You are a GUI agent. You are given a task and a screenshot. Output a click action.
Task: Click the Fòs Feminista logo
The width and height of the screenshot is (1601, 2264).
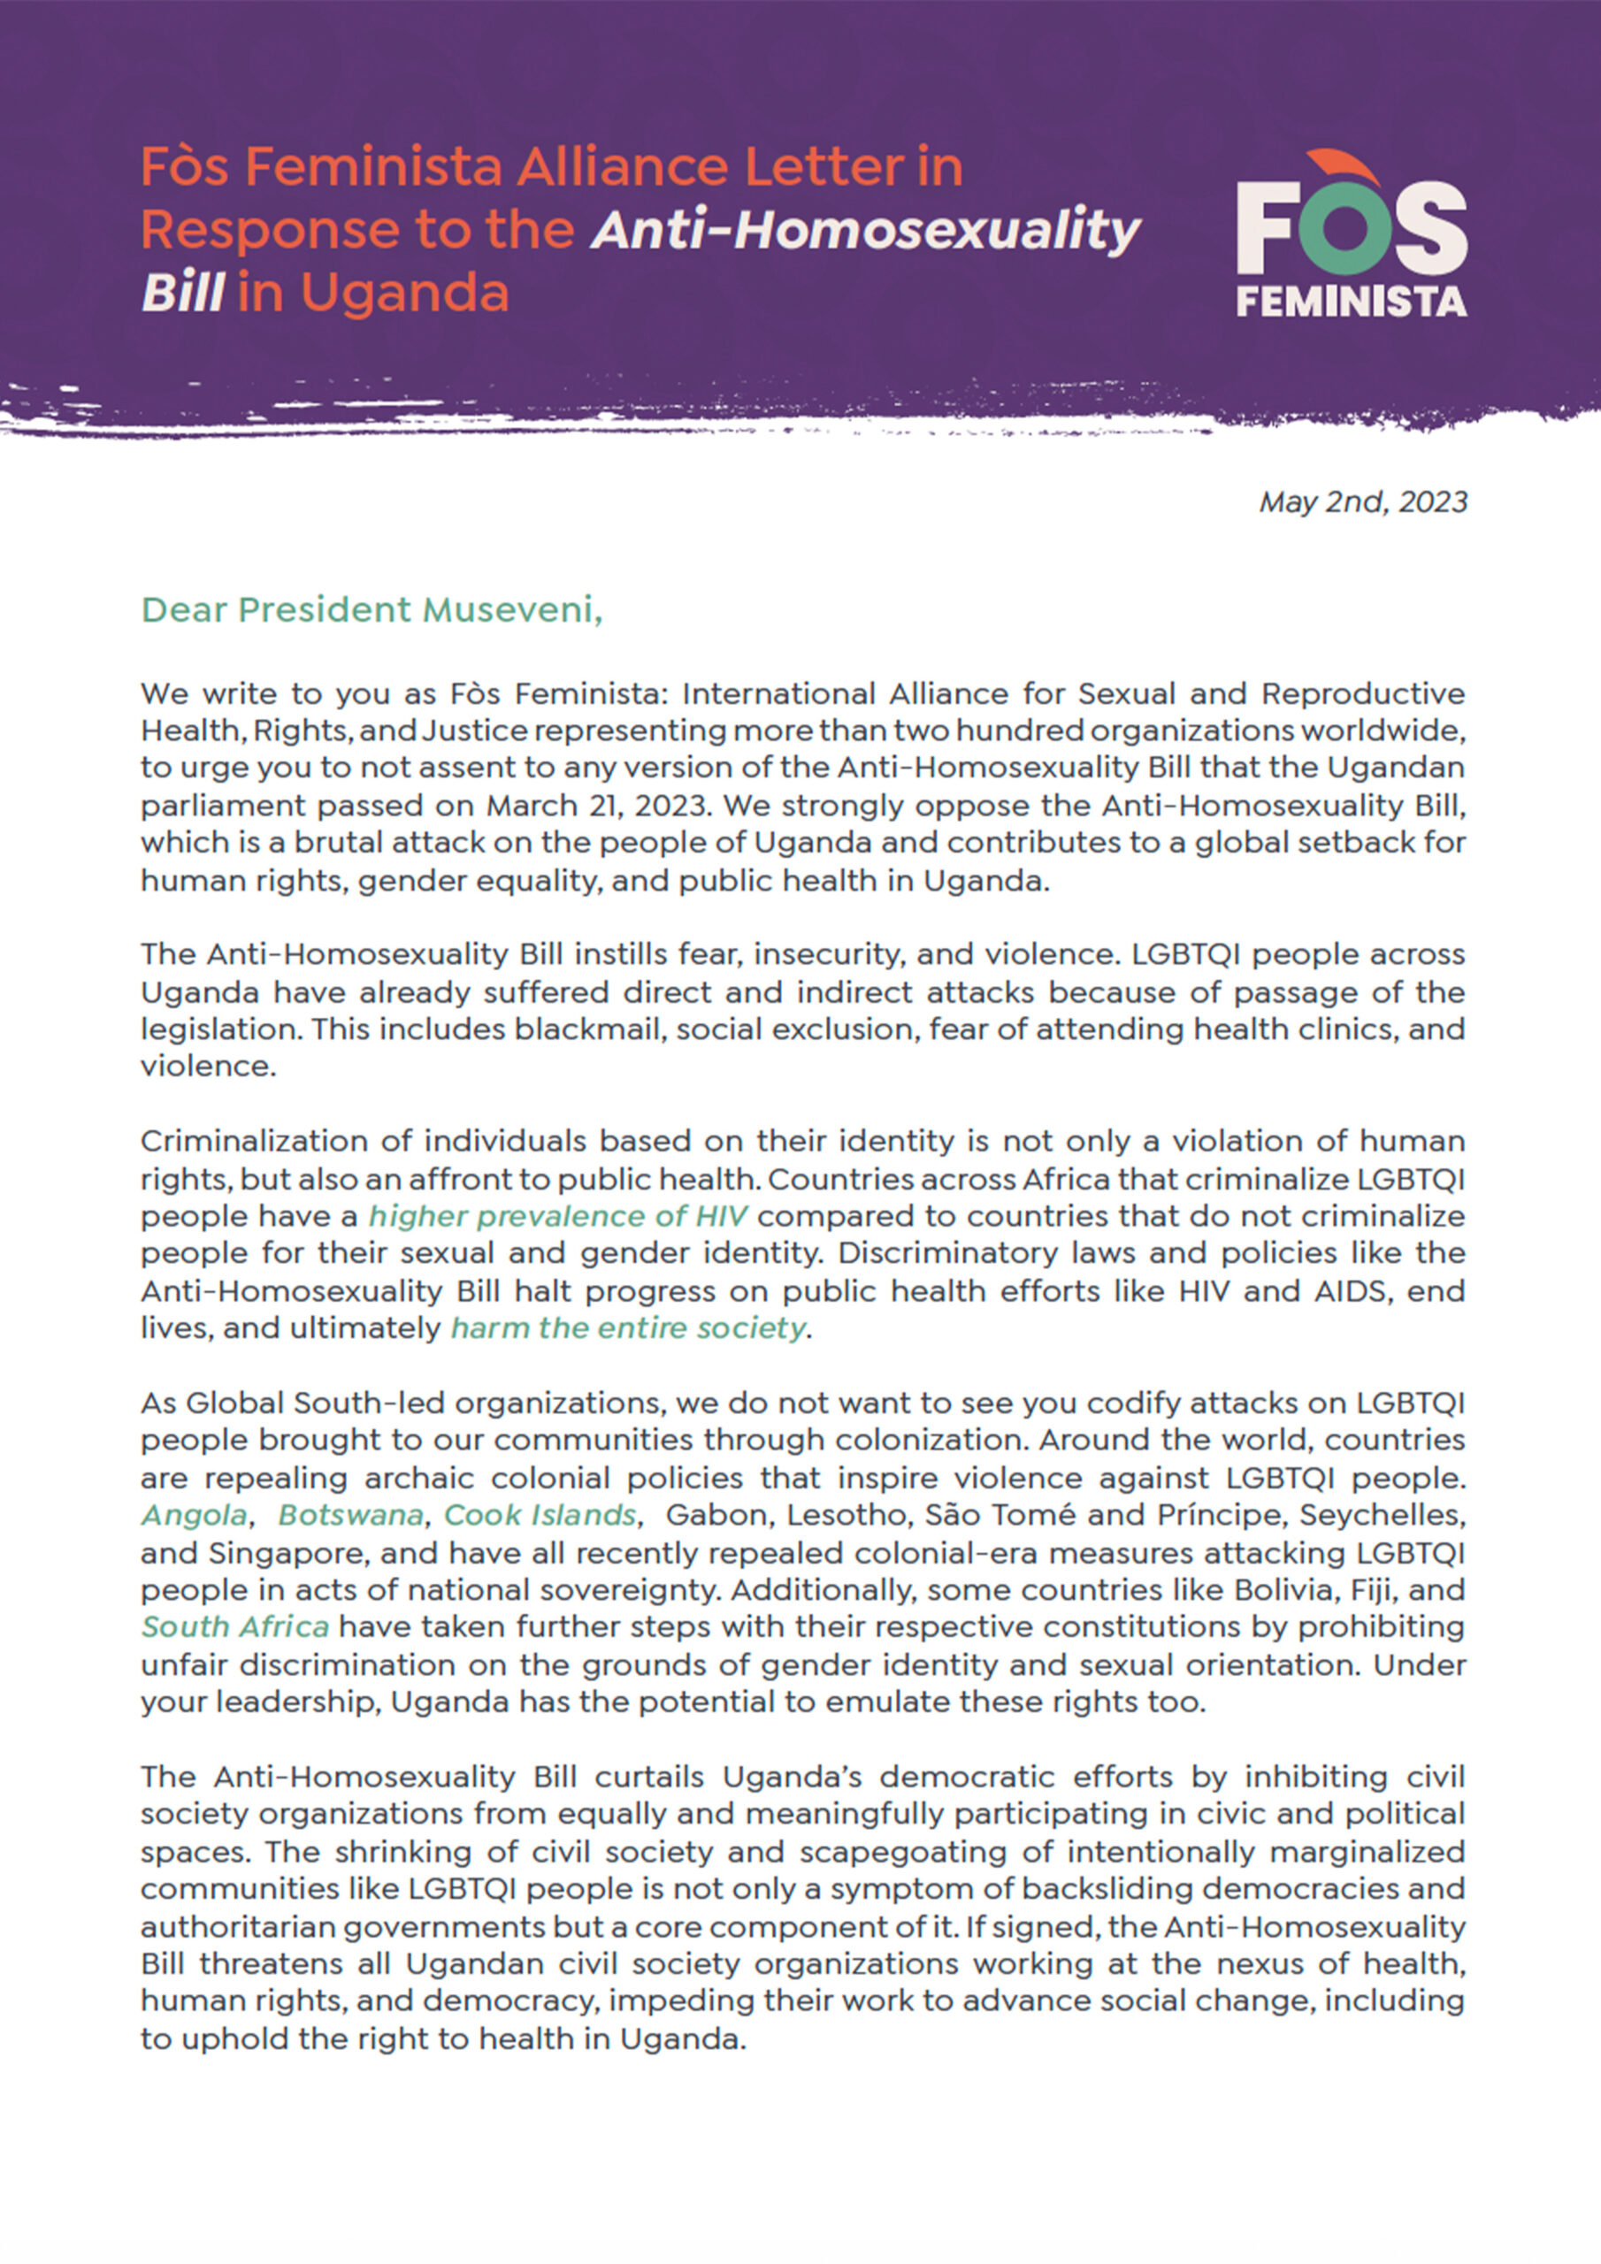point(1351,234)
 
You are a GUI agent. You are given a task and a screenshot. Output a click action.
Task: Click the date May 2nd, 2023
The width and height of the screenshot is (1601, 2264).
point(1362,502)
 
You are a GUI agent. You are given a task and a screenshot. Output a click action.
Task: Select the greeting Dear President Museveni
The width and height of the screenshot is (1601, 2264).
point(371,610)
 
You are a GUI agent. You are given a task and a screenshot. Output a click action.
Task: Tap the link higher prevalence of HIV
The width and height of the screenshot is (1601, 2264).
point(557,1216)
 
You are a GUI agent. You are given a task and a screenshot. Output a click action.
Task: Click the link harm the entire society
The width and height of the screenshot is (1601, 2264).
point(628,1328)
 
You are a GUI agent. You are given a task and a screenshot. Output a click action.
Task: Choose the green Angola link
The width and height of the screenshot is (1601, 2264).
point(194,1515)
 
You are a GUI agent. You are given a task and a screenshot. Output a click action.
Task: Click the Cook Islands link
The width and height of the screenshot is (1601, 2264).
point(540,1515)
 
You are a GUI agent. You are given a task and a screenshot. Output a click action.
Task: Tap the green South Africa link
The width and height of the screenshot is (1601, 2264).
point(234,1627)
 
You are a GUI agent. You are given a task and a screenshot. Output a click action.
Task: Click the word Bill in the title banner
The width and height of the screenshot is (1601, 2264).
point(183,293)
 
